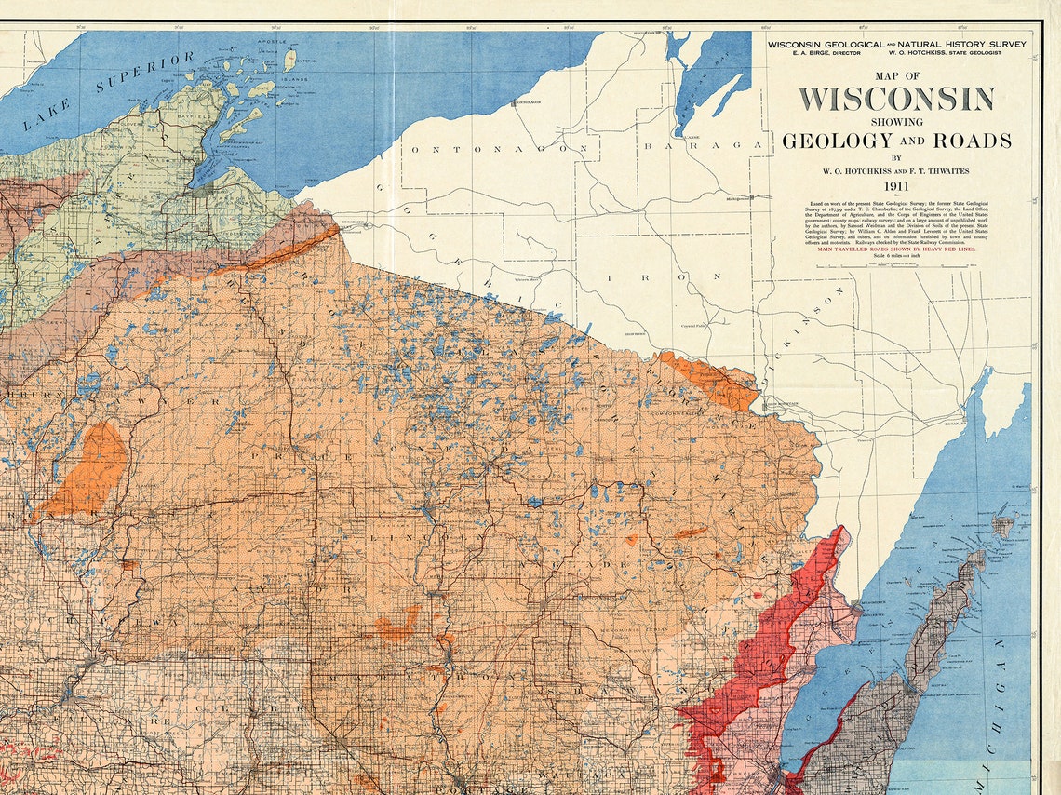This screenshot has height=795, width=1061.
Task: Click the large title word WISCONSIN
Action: (895, 99)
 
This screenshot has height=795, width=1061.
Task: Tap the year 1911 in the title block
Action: (896, 186)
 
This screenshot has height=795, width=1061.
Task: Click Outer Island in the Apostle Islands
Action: (290, 60)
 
